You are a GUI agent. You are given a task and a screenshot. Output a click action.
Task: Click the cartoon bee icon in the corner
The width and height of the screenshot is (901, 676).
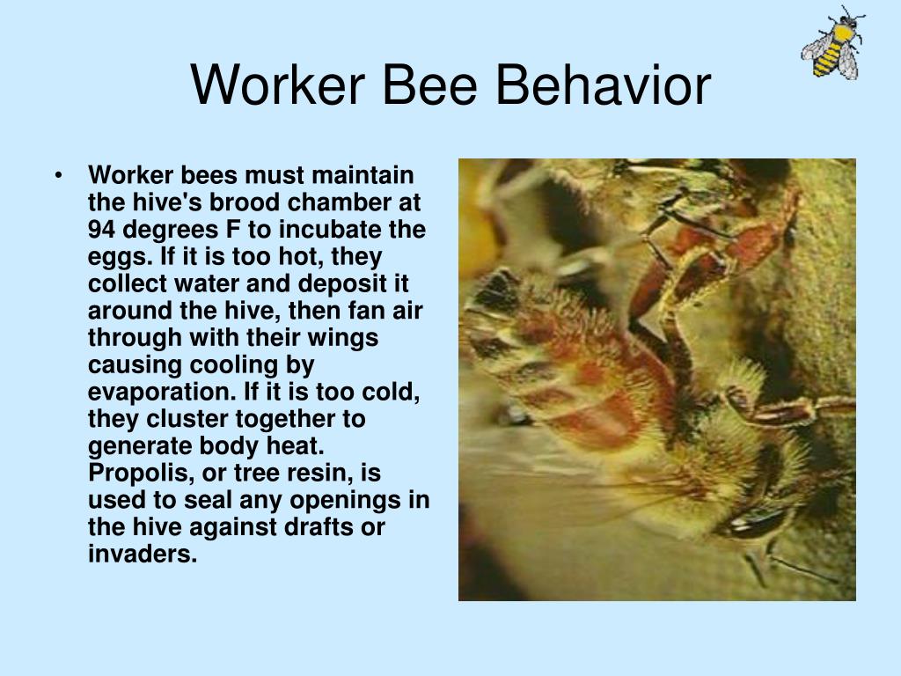832,42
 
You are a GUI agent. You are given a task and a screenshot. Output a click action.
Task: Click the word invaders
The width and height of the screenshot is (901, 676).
141,555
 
